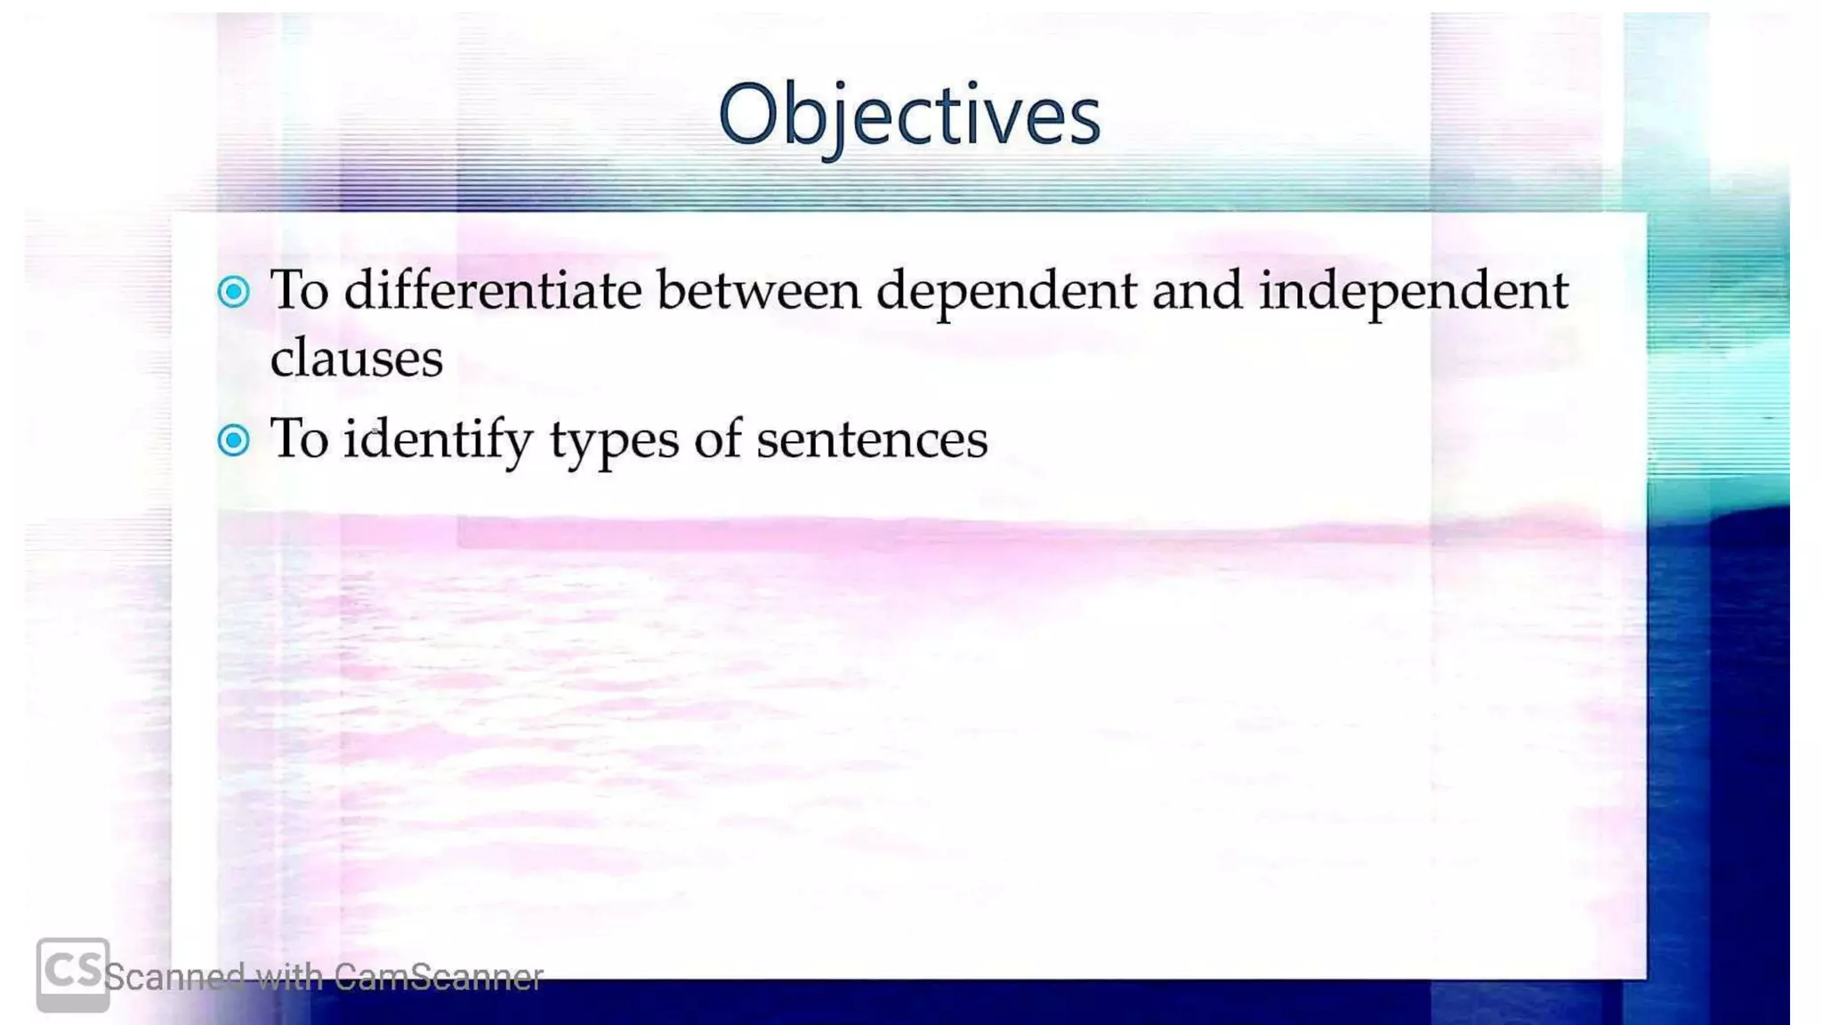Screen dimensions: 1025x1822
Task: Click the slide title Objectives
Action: [x=909, y=116]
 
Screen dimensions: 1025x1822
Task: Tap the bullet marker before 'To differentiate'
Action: [x=234, y=292]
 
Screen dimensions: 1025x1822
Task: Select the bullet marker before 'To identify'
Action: [x=234, y=440]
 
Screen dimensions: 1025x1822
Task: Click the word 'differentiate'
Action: [x=493, y=290]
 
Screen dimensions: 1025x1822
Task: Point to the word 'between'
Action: [x=759, y=291]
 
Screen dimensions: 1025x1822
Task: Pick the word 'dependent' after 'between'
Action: [x=1006, y=292]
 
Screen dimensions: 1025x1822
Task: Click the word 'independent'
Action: [x=1413, y=292]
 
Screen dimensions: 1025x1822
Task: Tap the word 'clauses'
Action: [x=357, y=359]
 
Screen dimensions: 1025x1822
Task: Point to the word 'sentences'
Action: [x=872, y=440]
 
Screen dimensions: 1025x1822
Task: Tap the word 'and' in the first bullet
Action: [x=1197, y=290]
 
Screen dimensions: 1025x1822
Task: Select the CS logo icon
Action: [x=73, y=973]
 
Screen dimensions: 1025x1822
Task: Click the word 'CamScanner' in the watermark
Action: [x=439, y=978]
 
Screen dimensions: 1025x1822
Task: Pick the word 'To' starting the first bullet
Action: [x=300, y=290]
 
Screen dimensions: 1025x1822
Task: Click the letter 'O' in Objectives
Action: [x=747, y=114]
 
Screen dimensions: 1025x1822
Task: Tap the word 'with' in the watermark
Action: [x=289, y=978]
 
